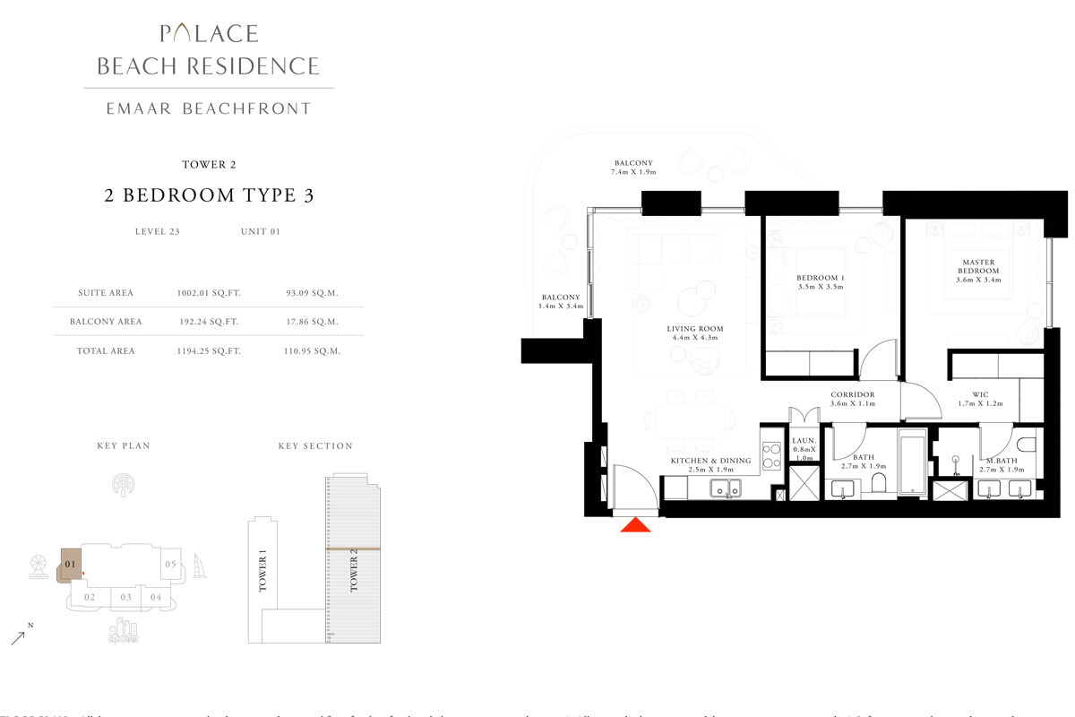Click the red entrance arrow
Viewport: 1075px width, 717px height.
pyautogui.click(x=637, y=525)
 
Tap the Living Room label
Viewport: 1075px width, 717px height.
pyautogui.click(x=694, y=334)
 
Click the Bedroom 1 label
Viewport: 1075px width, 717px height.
pyautogui.click(x=821, y=282)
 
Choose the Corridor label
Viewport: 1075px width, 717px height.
pyautogui.click(x=852, y=399)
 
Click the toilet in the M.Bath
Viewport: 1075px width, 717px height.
pyautogui.click(x=1027, y=445)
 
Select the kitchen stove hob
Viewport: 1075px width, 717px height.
pyautogui.click(x=770, y=454)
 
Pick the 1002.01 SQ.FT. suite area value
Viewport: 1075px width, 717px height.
pyautogui.click(x=209, y=293)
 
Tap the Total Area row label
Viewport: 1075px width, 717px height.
pyautogui.click(x=106, y=351)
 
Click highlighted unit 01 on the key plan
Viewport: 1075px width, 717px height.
pyautogui.click(x=70, y=565)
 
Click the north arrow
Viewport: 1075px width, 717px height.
pyautogui.click(x=18, y=637)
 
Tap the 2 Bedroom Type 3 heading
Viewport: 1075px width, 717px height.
pyautogui.click(x=209, y=196)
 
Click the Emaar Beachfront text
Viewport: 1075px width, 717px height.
pyautogui.click(x=208, y=108)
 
